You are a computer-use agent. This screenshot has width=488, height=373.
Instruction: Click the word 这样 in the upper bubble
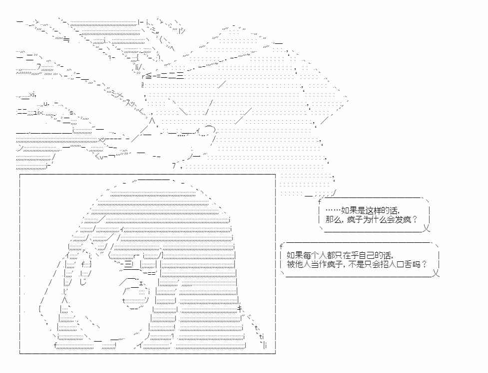pos(374,210)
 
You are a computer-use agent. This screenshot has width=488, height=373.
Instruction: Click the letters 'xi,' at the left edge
pos(32,94)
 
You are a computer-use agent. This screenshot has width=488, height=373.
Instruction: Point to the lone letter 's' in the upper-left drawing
pos(71,113)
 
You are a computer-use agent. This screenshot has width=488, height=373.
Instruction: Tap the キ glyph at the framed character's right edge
pos(240,308)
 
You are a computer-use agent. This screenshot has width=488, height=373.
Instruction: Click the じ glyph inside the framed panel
pos(82,282)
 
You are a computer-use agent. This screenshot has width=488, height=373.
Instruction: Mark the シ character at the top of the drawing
pos(182,31)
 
